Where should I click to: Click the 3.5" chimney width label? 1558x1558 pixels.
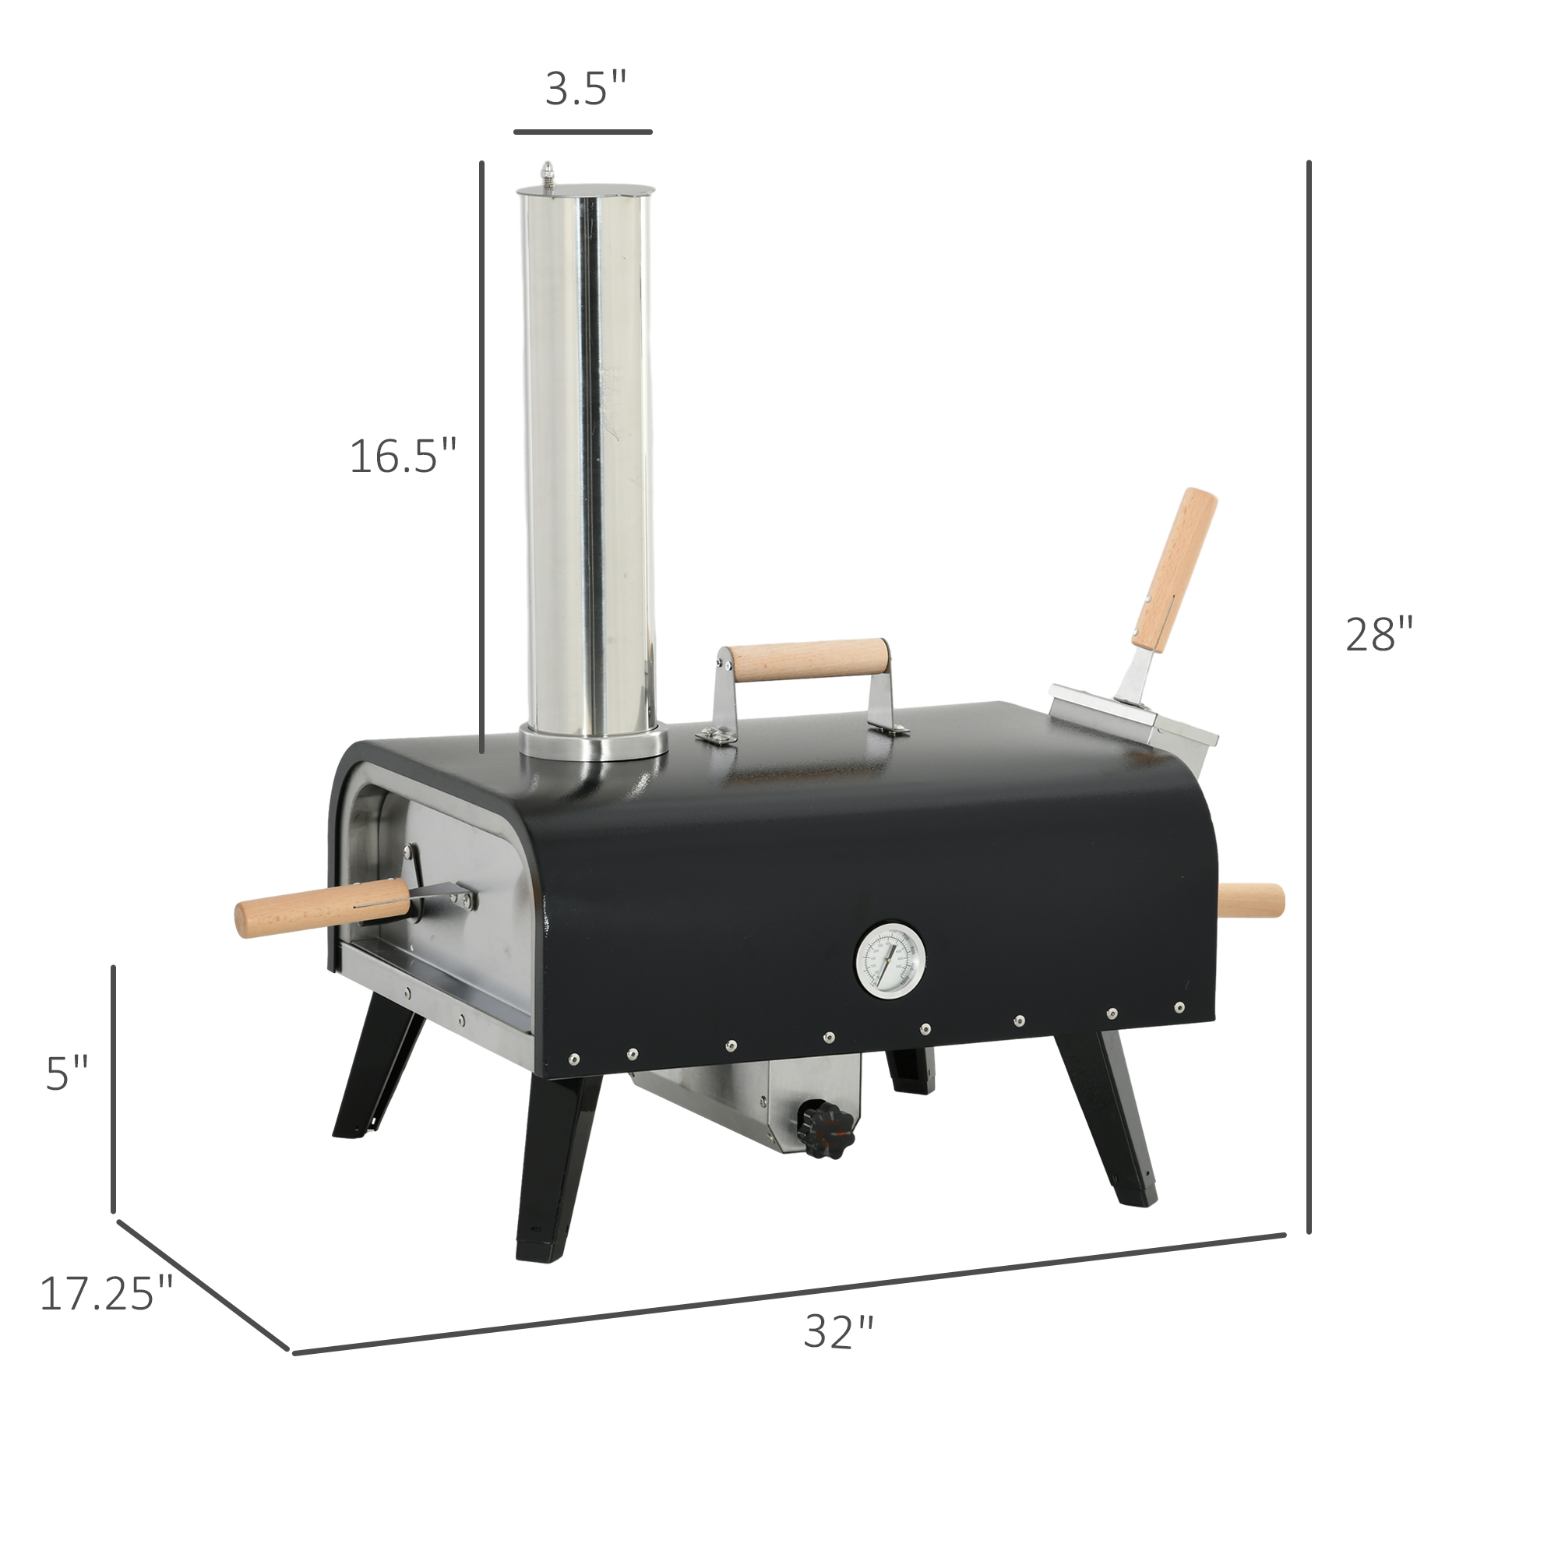586,89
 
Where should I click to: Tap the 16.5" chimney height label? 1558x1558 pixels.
404,456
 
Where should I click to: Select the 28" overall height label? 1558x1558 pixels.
1380,635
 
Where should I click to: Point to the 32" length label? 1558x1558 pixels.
839,1332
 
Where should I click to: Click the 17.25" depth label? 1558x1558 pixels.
107,1294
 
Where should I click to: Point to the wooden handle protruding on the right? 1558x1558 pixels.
1251,900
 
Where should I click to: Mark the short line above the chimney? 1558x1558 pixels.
582,131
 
